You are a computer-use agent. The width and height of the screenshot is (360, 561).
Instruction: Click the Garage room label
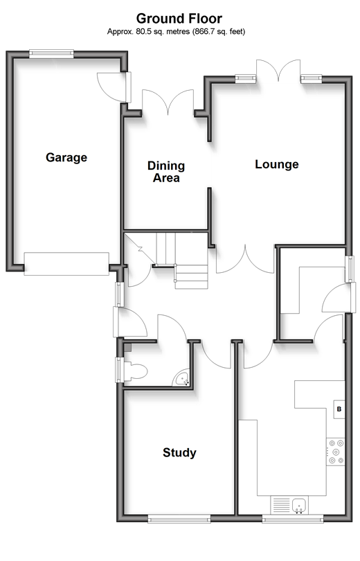66,157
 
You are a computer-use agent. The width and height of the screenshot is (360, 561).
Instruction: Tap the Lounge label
277,164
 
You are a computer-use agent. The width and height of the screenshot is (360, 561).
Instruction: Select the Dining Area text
166,172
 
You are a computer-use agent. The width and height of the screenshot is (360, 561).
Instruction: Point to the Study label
179,452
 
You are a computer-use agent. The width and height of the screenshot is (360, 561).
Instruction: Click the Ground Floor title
179,18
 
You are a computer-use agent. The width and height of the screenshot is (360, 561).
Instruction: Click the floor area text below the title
177,31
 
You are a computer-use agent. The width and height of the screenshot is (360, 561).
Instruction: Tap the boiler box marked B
339,409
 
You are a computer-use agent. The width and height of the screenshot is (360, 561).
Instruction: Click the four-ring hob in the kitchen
336,452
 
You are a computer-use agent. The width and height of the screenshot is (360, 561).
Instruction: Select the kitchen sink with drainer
289,505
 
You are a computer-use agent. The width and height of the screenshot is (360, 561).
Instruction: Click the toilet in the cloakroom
135,371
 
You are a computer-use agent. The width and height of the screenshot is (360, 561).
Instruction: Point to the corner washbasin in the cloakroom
181,379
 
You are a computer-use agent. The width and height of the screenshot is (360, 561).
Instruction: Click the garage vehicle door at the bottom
66,264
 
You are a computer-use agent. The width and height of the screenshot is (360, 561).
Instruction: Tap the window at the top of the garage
51,53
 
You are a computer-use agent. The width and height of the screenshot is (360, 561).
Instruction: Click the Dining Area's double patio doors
168,103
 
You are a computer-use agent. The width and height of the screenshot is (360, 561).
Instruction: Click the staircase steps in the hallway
182,260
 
